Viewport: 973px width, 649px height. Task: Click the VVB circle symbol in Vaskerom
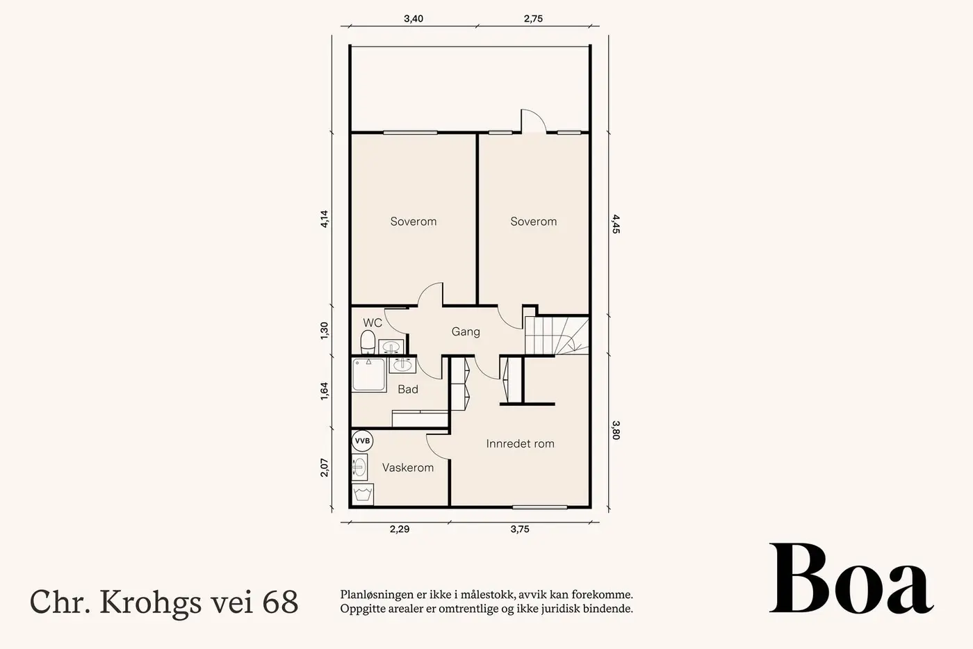[362, 441]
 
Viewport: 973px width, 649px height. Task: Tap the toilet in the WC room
[368, 343]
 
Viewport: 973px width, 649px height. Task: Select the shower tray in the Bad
[369, 375]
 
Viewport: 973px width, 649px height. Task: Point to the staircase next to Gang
[557, 336]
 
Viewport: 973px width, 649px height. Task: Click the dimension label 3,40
[413, 19]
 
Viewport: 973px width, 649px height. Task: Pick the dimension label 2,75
[533, 19]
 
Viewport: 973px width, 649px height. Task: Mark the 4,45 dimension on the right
[616, 224]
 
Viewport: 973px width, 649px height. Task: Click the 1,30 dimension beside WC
[325, 331]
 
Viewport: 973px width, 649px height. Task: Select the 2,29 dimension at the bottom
[399, 529]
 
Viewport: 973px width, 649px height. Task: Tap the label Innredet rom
[520, 443]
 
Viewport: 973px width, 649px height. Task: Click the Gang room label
[466, 332]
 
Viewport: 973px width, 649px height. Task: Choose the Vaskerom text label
[408, 468]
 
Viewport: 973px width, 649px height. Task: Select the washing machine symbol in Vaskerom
[362, 493]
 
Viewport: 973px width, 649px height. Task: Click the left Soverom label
[413, 222]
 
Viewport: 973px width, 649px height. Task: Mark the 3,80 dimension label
[616, 430]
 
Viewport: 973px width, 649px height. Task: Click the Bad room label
[408, 389]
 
